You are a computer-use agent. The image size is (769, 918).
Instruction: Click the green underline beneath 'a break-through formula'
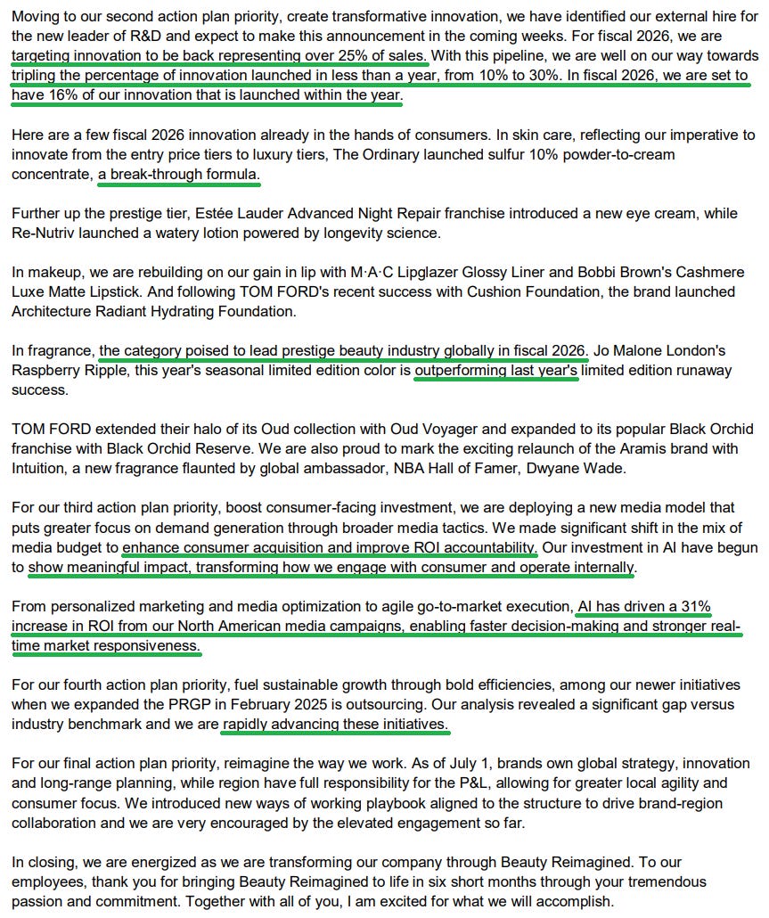point(178,184)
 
